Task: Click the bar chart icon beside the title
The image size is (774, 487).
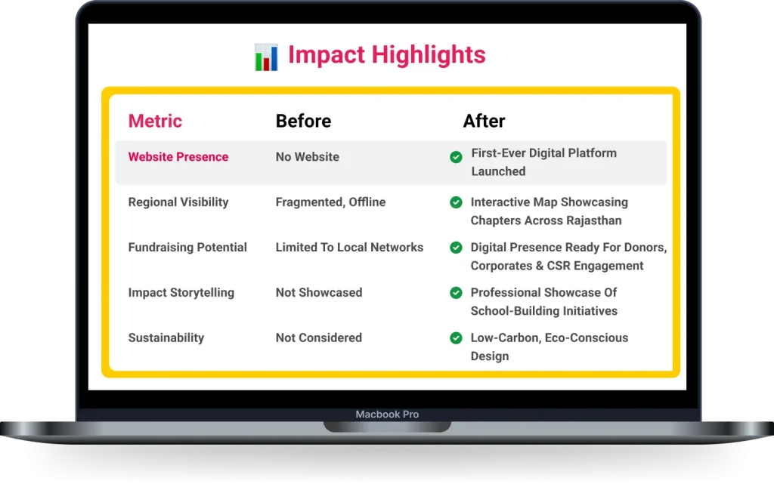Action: (266, 57)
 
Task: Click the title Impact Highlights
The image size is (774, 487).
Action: (386, 55)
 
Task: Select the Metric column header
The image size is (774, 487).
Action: (155, 121)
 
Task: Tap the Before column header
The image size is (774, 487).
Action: (303, 121)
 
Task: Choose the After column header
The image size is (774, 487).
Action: (484, 121)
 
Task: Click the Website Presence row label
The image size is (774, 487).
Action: (178, 157)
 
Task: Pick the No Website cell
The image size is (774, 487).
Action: (307, 157)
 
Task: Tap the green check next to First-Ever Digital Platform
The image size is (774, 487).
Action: (456, 157)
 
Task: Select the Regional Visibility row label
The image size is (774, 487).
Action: (178, 202)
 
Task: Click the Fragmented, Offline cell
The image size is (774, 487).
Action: (330, 202)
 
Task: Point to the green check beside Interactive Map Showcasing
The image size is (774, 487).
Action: (456, 202)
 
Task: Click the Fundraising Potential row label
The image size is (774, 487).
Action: (187, 248)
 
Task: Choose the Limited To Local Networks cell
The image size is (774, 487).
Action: (349, 248)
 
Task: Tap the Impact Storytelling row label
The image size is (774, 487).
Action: (181, 293)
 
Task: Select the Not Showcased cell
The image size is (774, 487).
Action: (318, 293)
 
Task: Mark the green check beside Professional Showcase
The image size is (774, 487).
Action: (456, 293)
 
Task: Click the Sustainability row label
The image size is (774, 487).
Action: (166, 338)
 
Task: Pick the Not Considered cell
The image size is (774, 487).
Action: (318, 338)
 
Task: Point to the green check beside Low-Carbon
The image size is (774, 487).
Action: (456, 338)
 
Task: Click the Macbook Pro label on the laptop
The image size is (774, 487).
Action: (387, 415)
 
